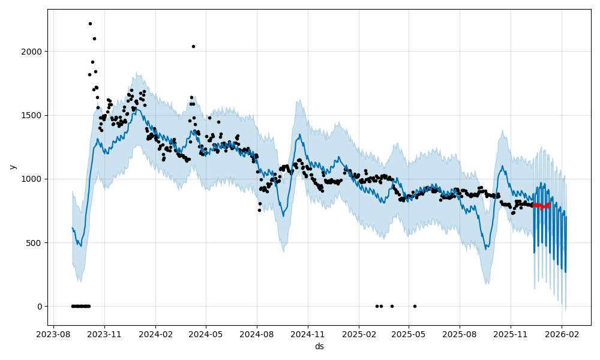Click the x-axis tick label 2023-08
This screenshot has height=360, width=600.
coord(54,334)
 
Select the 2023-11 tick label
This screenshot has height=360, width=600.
coord(104,334)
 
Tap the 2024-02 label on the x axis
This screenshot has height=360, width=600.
coord(155,334)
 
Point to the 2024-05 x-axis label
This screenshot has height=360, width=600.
coord(206,334)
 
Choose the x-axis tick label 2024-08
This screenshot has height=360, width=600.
coord(257,334)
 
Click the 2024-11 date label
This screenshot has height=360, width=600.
coord(308,334)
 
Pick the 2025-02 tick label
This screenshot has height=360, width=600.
coord(359,334)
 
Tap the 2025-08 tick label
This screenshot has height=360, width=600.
coord(460,334)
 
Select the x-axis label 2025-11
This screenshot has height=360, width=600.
coord(511,334)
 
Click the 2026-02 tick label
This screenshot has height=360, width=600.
coord(562,334)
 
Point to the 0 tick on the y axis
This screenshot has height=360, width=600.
coord(39,307)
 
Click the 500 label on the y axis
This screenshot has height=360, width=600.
coord(35,243)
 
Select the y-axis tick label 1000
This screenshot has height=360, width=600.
coord(33,179)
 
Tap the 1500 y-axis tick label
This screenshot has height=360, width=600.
coord(33,115)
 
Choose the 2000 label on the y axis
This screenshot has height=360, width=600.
coord(33,52)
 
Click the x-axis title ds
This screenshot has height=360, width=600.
coord(319,346)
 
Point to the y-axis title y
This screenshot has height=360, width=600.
coord(13,167)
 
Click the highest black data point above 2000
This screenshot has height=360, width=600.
coord(90,23)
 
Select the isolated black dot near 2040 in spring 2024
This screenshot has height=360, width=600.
coord(193,46)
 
